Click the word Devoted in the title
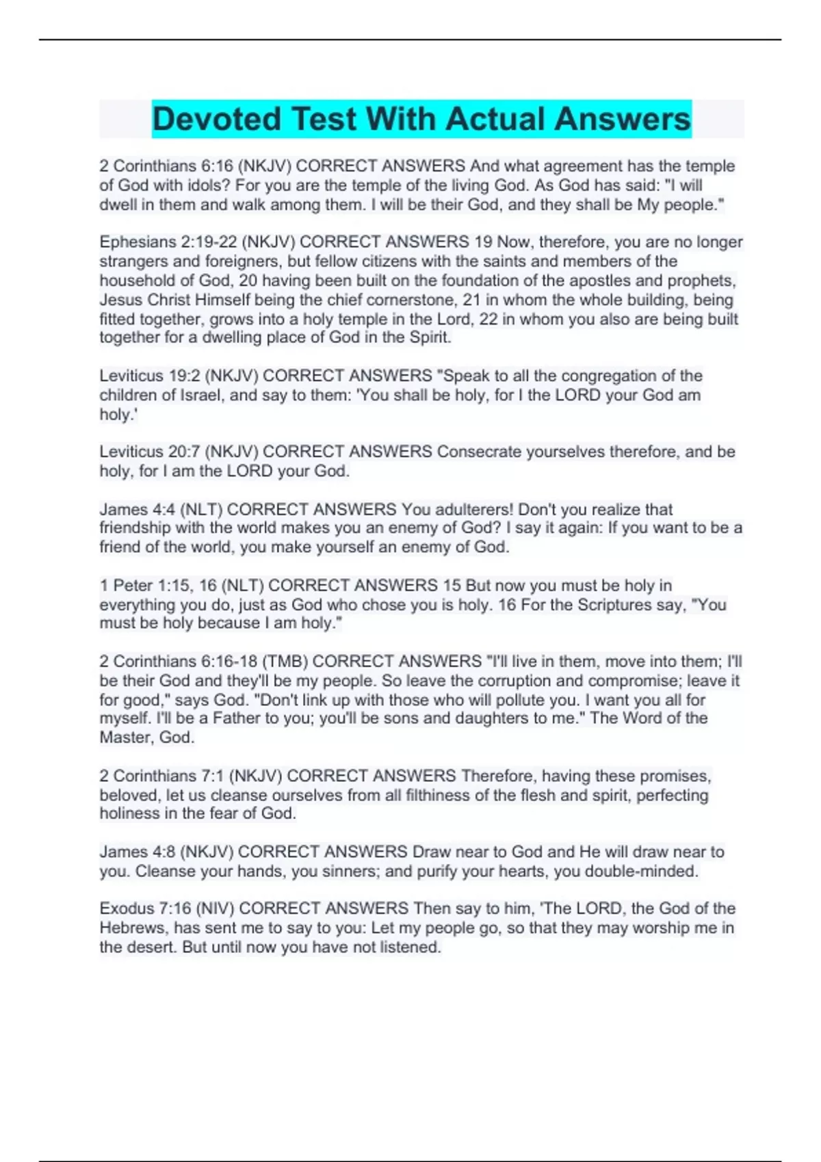pos(216,119)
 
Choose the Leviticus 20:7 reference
pos(150,452)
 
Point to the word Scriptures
pos(614,604)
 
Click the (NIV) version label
pos(215,908)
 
